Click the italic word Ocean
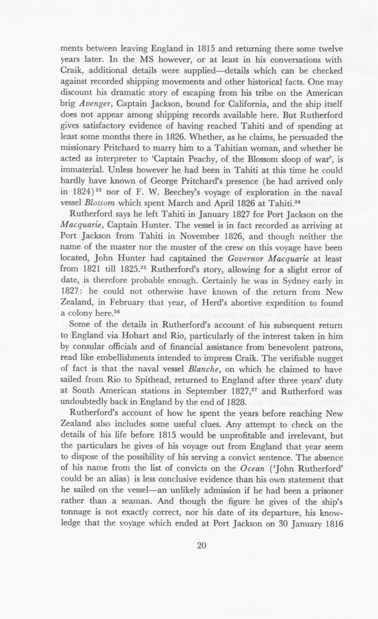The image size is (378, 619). click(x=252, y=469)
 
